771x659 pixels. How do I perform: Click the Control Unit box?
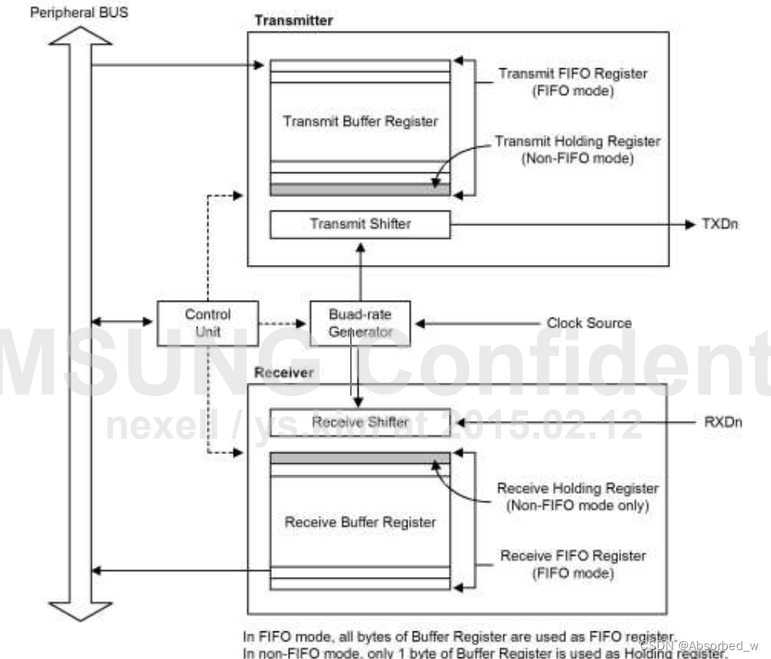(x=207, y=323)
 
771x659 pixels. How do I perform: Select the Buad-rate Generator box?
(x=360, y=323)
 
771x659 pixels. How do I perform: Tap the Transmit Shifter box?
(x=359, y=223)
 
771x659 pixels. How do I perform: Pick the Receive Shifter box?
(x=359, y=422)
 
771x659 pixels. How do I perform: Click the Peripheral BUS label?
(x=79, y=13)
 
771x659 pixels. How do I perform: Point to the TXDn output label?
(x=720, y=223)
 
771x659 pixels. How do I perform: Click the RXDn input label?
(x=721, y=422)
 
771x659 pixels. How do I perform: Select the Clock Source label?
(x=589, y=323)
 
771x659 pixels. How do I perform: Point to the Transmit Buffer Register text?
(x=360, y=122)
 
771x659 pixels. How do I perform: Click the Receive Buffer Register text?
(x=360, y=522)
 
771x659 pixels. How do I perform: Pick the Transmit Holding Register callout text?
(x=577, y=150)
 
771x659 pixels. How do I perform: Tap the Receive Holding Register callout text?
(x=577, y=496)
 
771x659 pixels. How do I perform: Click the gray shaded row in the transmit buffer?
(x=359, y=189)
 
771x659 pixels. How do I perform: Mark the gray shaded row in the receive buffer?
(x=359, y=458)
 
